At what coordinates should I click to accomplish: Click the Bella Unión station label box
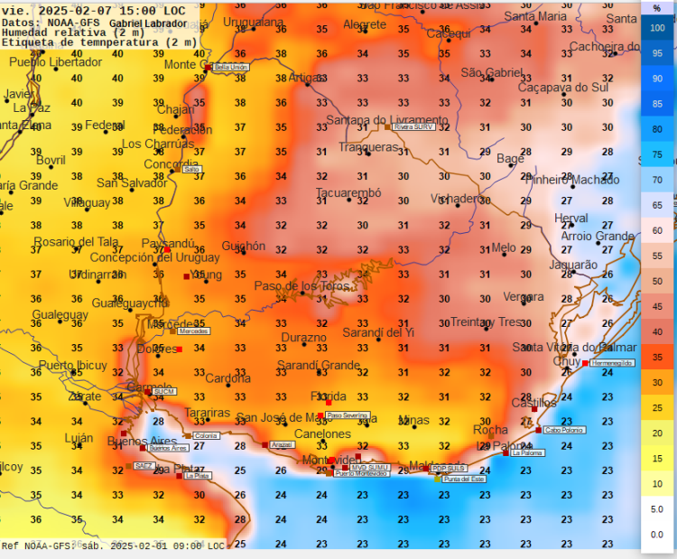click(x=232, y=68)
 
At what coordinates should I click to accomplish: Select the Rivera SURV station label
click(x=414, y=127)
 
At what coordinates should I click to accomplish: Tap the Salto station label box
click(x=191, y=169)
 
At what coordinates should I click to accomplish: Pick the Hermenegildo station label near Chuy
click(x=612, y=363)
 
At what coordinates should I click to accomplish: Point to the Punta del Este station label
click(x=464, y=480)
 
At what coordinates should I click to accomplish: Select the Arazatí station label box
click(x=283, y=445)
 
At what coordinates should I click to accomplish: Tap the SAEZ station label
click(x=144, y=466)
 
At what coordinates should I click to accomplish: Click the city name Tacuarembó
click(x=348, y=193)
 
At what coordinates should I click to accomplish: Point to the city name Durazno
click(x=303, y=338)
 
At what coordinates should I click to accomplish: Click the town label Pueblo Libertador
click(x=56, y=62)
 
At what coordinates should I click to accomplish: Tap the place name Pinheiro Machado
click(x=571, y=180)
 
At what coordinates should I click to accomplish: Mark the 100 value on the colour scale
click(x=657, y=28)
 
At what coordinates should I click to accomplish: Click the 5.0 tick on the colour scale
click(x=657, y=509)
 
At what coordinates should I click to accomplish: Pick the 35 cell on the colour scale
click(x=657, y=357)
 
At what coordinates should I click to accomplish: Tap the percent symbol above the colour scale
click(x=657, y=8)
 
